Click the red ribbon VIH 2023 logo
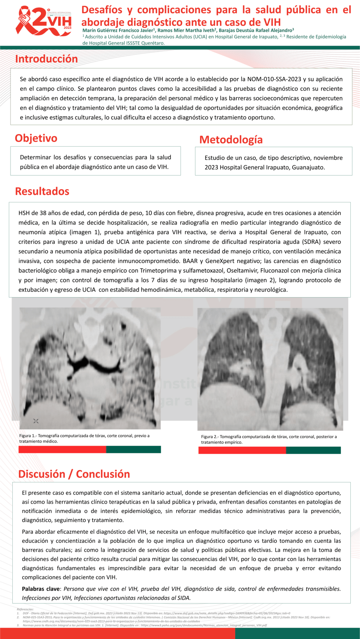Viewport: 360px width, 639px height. click(43, 21)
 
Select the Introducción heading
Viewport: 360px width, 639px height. click(46, 59)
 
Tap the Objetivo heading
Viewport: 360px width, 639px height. click(36, 138)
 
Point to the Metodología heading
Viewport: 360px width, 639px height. click(231, 140)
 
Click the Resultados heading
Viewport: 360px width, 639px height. click(42, 192)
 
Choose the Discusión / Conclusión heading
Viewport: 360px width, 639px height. click(74, 474)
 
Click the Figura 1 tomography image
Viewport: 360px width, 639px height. click(90, 368)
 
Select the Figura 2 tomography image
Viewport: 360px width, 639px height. click(270, 369)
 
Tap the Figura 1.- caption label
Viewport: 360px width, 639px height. click(28, 436)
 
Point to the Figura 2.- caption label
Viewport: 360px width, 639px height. click(210, 437)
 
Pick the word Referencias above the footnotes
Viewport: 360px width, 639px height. click(25, 609)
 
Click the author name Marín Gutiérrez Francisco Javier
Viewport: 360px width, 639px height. click(118, 30)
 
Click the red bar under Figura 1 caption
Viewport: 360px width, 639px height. click(62, 449)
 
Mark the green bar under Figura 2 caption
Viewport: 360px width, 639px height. click(313, 450)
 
